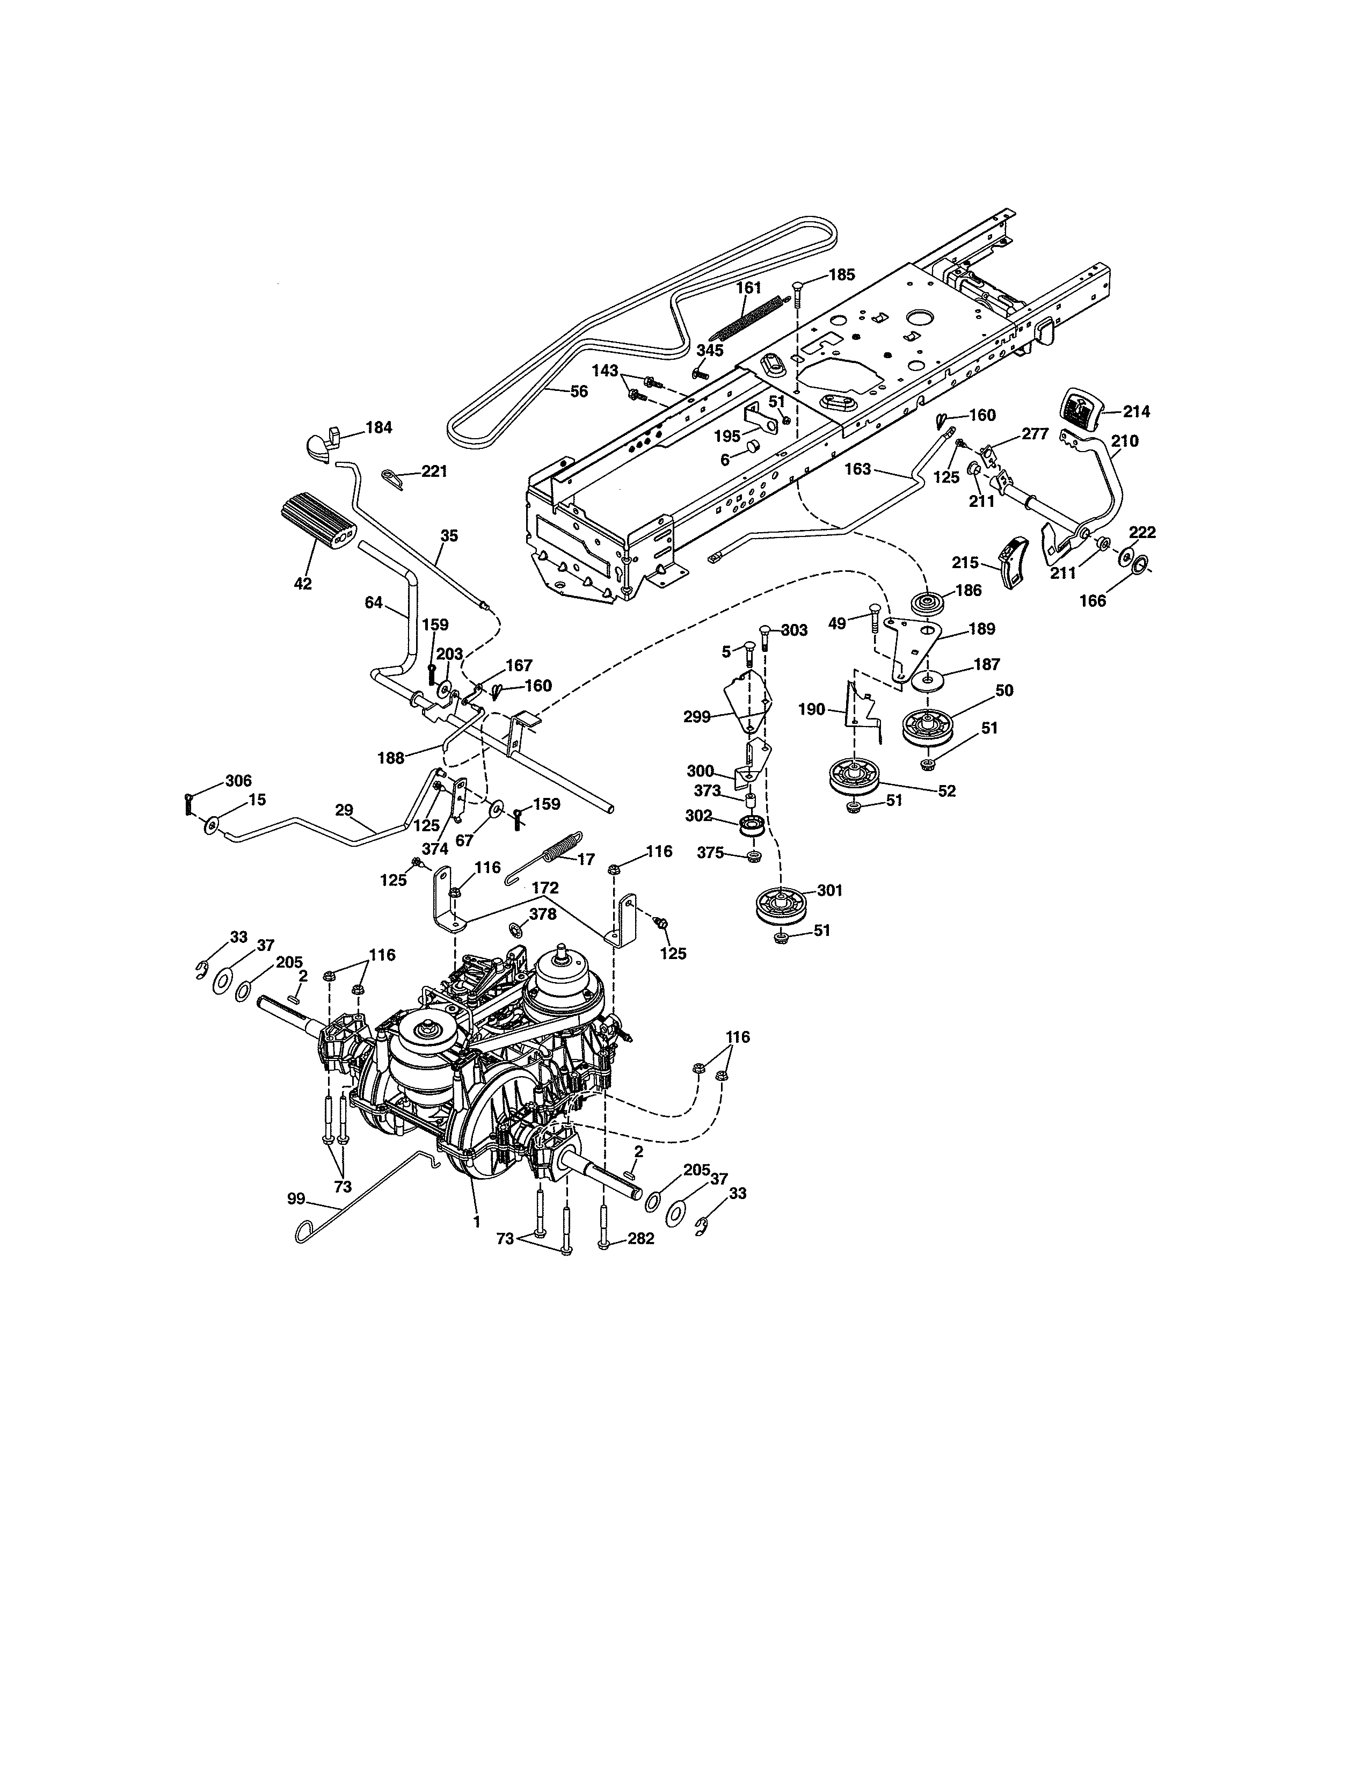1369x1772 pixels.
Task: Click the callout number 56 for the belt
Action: (578, 391)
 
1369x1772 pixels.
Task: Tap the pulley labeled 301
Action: (780, 904)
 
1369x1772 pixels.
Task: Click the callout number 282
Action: (640, 1262)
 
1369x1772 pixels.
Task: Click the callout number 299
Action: (697, 716)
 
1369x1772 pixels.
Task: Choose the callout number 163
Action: (857, 469)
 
